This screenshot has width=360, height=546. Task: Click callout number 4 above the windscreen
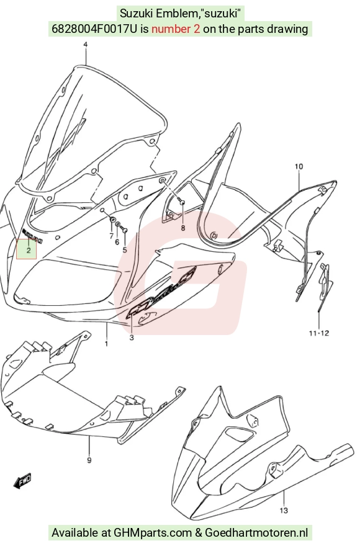point(86,44)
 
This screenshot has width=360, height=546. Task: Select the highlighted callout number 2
point(29,250)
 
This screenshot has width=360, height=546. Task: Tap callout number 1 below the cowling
point(106,344)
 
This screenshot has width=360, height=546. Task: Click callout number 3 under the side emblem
point(132,338)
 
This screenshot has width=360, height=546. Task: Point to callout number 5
point(125,250)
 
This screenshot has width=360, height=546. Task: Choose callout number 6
point(117,242)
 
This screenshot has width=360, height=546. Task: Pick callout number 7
point(111,236)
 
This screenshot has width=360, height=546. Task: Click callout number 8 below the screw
point(182,228)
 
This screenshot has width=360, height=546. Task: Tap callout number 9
point(89,460)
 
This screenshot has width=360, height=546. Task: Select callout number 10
point(299,167)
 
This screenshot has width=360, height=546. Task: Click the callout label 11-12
point(319,333)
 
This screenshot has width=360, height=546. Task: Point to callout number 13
point(284,511)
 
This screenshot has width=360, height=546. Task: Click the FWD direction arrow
point(22,481)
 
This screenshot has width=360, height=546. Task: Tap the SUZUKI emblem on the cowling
point(32,236)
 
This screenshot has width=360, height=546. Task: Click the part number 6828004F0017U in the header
point(95,29)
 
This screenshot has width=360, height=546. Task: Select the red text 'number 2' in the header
point(176,29)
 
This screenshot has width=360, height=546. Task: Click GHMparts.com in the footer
point(153,532)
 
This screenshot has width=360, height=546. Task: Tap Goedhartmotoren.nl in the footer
point(256,532)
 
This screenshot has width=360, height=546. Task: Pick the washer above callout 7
point(113,220)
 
